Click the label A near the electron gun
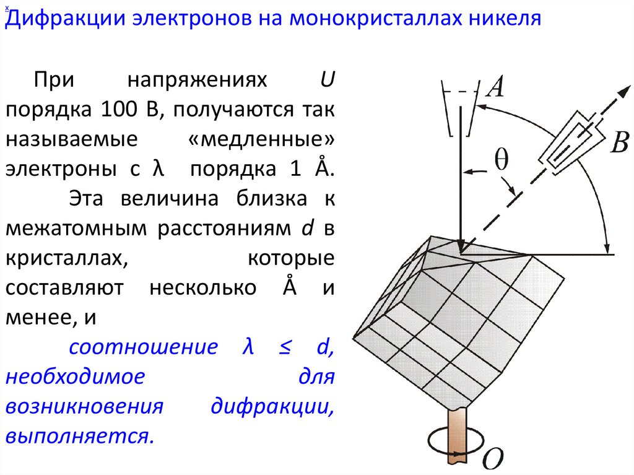click(495, 87)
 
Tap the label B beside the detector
click(620, 143)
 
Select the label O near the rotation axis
click(493, 458)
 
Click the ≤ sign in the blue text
click(284, 347)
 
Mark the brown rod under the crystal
click(458, 437)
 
